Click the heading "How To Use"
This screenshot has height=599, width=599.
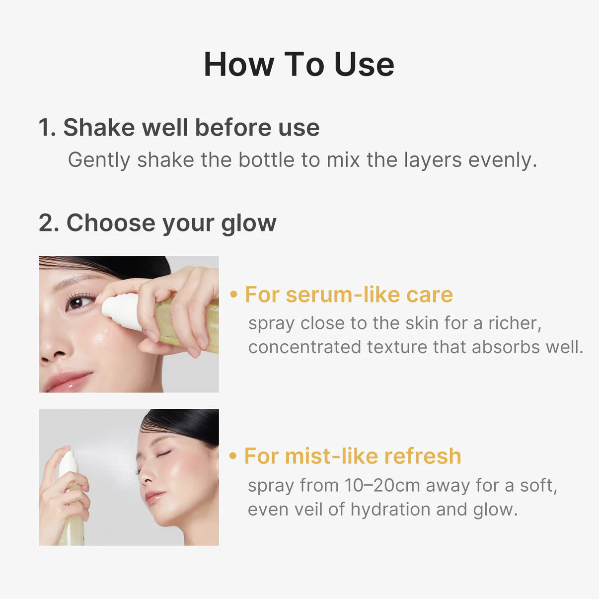[x=299, y=65]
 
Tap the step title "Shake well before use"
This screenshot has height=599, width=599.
[x=191, y=128]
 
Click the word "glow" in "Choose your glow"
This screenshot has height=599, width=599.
[x=249, y=223]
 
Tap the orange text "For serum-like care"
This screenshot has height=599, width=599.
[x=349, y=295]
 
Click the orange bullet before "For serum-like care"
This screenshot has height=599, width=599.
[x=234, y=295]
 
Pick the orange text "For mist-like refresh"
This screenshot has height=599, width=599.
[x=353, y=456]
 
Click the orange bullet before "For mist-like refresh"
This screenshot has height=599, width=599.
[x=233, y=456]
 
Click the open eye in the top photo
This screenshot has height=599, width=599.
[x=79, y=301]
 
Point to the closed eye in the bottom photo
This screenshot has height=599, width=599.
[x=163, y=453]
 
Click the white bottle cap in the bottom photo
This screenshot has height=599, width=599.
[x=68, y=464]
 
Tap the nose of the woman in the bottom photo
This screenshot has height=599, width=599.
[x=145, y=477]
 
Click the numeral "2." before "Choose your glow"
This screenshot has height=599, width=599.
[x=49, y=223]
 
